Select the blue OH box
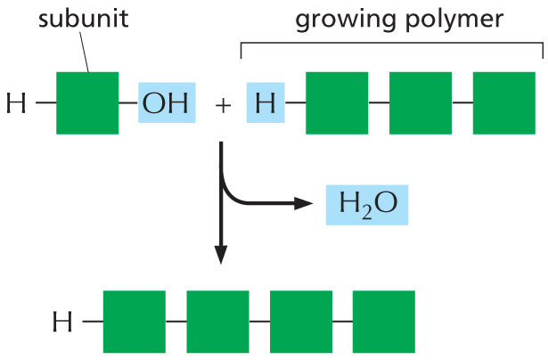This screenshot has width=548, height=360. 166,103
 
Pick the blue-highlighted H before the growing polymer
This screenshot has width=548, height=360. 265,103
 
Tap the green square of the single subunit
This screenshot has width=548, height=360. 87,103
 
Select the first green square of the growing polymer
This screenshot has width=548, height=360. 337,103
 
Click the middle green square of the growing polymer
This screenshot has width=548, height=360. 420,103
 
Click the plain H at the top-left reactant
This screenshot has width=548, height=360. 16,104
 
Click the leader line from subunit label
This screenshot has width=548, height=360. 83,53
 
